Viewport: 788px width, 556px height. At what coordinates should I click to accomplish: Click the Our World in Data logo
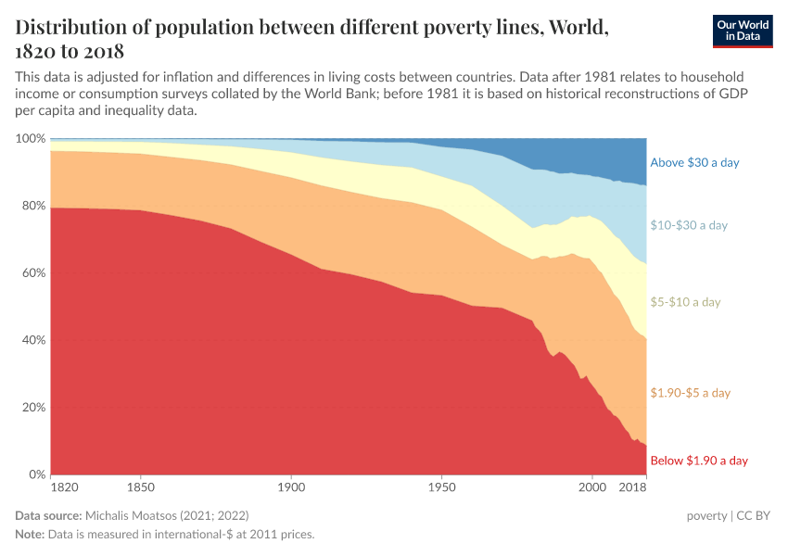coord(742,31)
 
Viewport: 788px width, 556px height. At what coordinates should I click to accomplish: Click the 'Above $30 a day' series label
coord(694,163)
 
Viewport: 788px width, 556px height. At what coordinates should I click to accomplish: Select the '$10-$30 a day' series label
coord(689,225)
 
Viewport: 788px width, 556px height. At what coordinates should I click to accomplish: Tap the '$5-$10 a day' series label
coord(685,302)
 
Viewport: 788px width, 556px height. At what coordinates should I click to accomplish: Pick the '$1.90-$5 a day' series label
coord(691,393)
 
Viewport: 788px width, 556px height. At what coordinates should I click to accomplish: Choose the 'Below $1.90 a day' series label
coord(699,461)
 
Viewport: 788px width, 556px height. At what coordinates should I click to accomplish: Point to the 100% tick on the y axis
coord(31,138)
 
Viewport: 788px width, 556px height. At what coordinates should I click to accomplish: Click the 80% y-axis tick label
coord(33,206)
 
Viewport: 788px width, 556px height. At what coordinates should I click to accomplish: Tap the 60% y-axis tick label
coord(33,273)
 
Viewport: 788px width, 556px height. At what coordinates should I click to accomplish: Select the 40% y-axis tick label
coord(33,340)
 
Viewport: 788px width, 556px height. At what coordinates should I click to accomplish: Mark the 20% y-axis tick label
coord(33,408)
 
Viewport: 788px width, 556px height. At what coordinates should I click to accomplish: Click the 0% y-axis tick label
coord(36,474)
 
